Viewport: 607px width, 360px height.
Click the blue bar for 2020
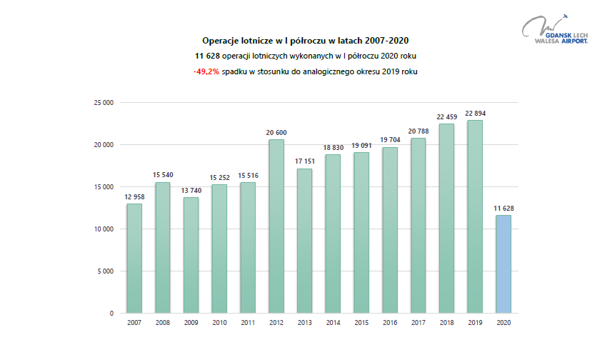point(503,264)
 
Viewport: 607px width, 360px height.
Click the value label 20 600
point(276,132)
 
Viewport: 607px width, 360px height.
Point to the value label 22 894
point(475,113)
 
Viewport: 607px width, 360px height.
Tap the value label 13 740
point(191,190)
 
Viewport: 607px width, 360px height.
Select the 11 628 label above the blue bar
point(503,208)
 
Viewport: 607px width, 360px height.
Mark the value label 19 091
point(361,145)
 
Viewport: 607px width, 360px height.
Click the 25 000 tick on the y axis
point(104,103)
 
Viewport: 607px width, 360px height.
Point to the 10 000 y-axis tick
point(104,229)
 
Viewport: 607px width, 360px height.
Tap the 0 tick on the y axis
point(111,314)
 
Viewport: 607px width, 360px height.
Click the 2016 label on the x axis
point(390,323)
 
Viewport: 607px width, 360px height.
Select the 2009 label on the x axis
point(191,323)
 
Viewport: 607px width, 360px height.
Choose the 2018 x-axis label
point(446,323)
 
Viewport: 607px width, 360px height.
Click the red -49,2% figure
point(206,72)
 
